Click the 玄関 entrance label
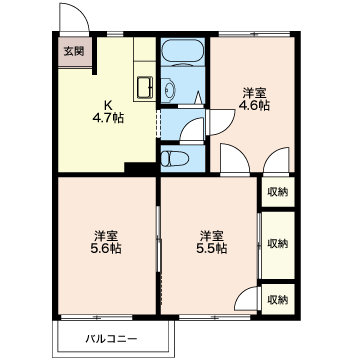tap(73, 50)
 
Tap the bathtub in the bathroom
tap(182, 53)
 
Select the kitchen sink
tap(143, 87)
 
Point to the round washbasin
tap(169, 91)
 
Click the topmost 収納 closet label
tap(277, 191)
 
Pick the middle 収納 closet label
tap(277, 243)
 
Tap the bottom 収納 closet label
tap(277, 299)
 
